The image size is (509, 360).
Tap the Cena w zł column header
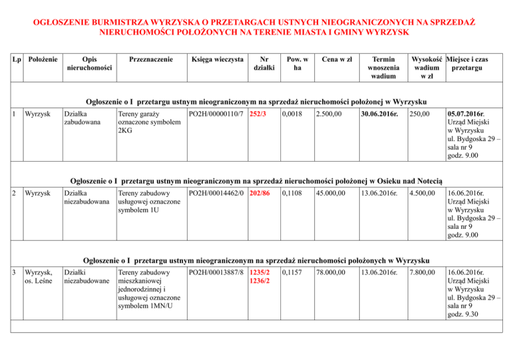point(336,59)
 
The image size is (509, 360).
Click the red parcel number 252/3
point(259,115)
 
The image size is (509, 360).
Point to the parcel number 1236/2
point(259,282)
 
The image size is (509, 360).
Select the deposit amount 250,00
point(419,115)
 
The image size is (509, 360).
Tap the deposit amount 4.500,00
point(422,194)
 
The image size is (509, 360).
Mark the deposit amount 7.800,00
point(422,272)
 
